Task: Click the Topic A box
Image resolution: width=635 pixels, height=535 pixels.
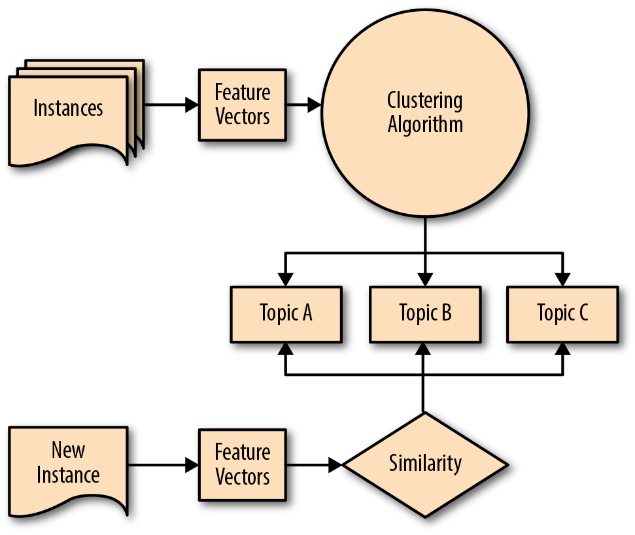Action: tap(286, 313)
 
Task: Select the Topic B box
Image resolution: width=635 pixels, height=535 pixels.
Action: tap(425, 313)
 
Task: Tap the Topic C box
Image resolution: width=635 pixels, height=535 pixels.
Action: tap(562, 313)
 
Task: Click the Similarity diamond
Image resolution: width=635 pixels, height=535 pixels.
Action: tap(425, 464)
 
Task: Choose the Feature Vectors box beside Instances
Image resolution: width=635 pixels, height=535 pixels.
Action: tap(243, 105)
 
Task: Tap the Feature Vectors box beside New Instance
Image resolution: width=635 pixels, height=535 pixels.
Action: tap(243, 464)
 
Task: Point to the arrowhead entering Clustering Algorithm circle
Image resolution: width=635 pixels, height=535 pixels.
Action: tap(315, 105)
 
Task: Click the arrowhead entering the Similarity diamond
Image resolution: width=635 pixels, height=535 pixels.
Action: tap(335, 465)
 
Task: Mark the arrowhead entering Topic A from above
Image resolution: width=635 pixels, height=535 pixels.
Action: tap(286, 279)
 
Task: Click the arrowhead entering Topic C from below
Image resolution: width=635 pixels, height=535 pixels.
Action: tap(562, 348)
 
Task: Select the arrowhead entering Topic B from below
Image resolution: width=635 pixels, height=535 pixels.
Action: tap(425, 348)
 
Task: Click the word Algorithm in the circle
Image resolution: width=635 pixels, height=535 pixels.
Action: tap(425, 125)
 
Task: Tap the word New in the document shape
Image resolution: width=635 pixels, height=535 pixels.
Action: tap(68, 451)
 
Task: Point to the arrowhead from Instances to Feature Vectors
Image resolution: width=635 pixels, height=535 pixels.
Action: tap(192, 105)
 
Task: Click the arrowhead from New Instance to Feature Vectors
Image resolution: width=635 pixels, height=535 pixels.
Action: tap(192, 465)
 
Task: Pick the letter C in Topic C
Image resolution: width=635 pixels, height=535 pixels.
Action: tap(583, 313)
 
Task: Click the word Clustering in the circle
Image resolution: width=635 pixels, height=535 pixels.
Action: tap(425, 101)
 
